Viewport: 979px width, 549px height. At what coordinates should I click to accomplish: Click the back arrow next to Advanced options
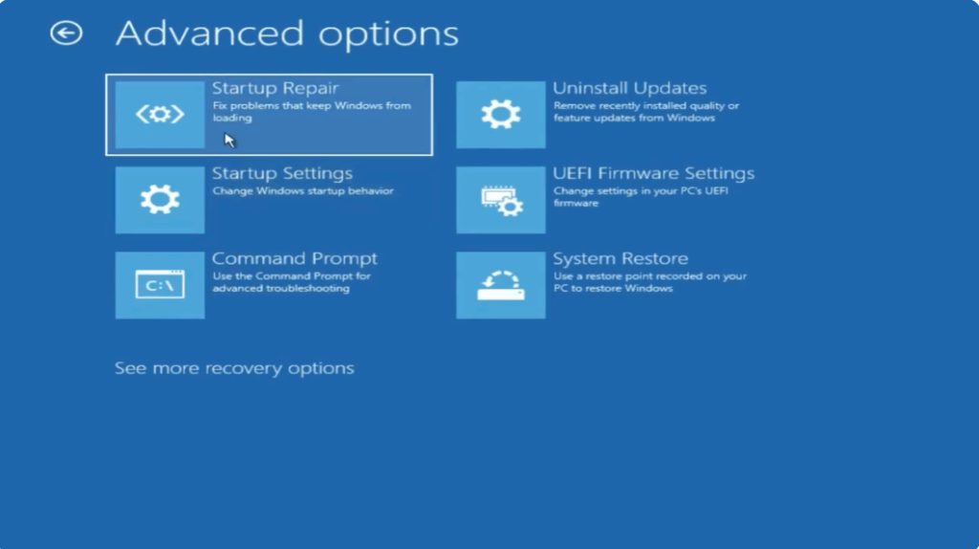click(66, 34)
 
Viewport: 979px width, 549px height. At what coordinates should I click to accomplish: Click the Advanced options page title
click(287, 34)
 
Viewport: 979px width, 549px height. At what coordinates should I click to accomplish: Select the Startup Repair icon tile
click(160, 115)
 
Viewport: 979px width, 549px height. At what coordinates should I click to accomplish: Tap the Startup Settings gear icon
click(160, 200)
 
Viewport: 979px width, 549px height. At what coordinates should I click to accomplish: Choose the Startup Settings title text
click(282, 174)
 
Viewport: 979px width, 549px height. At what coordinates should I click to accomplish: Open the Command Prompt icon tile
click(160, 285)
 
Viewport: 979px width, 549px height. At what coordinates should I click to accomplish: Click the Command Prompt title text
click(294, 259)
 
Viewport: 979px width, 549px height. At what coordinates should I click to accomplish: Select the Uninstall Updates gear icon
click(501, 115)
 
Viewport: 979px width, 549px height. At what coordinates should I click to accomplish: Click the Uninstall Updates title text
click(629, 89)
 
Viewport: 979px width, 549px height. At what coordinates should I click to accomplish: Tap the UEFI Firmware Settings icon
click(501, 200)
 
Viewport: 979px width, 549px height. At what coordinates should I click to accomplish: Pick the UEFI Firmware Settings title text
click(653, 174)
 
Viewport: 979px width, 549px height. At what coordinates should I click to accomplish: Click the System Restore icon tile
click(501, 285)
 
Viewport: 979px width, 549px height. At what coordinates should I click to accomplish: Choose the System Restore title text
click(620, 259)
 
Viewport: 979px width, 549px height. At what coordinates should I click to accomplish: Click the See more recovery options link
click(234, 368)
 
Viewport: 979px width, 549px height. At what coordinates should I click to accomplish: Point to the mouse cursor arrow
click(229, 140)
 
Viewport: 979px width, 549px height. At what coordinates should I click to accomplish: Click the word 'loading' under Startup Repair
click(231, 119)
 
